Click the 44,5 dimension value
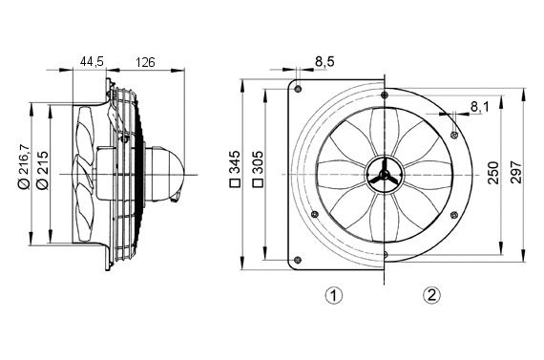pos(92,62)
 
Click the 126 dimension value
pos(145,62)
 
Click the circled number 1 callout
pos(333,295)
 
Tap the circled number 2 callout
pos(432,295)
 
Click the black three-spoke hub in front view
pos(381,174)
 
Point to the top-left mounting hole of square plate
pos(299,89)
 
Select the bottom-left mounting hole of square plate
pos(299,260)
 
